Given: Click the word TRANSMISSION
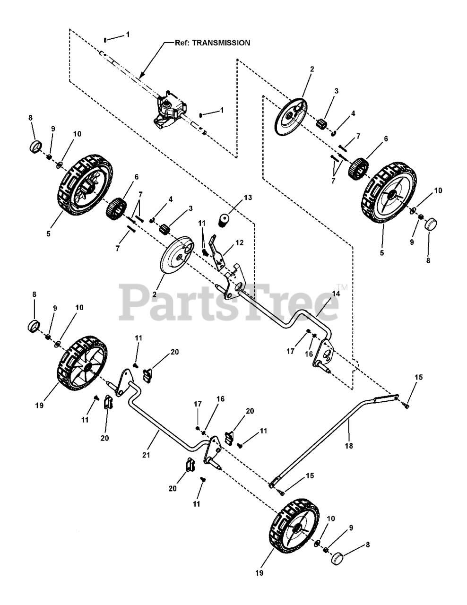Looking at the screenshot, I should pos(225,43).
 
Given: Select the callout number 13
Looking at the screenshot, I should pos(234,198).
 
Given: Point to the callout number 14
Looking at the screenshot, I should pos(336,294).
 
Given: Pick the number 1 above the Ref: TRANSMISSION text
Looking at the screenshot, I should pos(127,35).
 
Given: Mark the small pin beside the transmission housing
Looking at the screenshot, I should pos(201,114).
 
